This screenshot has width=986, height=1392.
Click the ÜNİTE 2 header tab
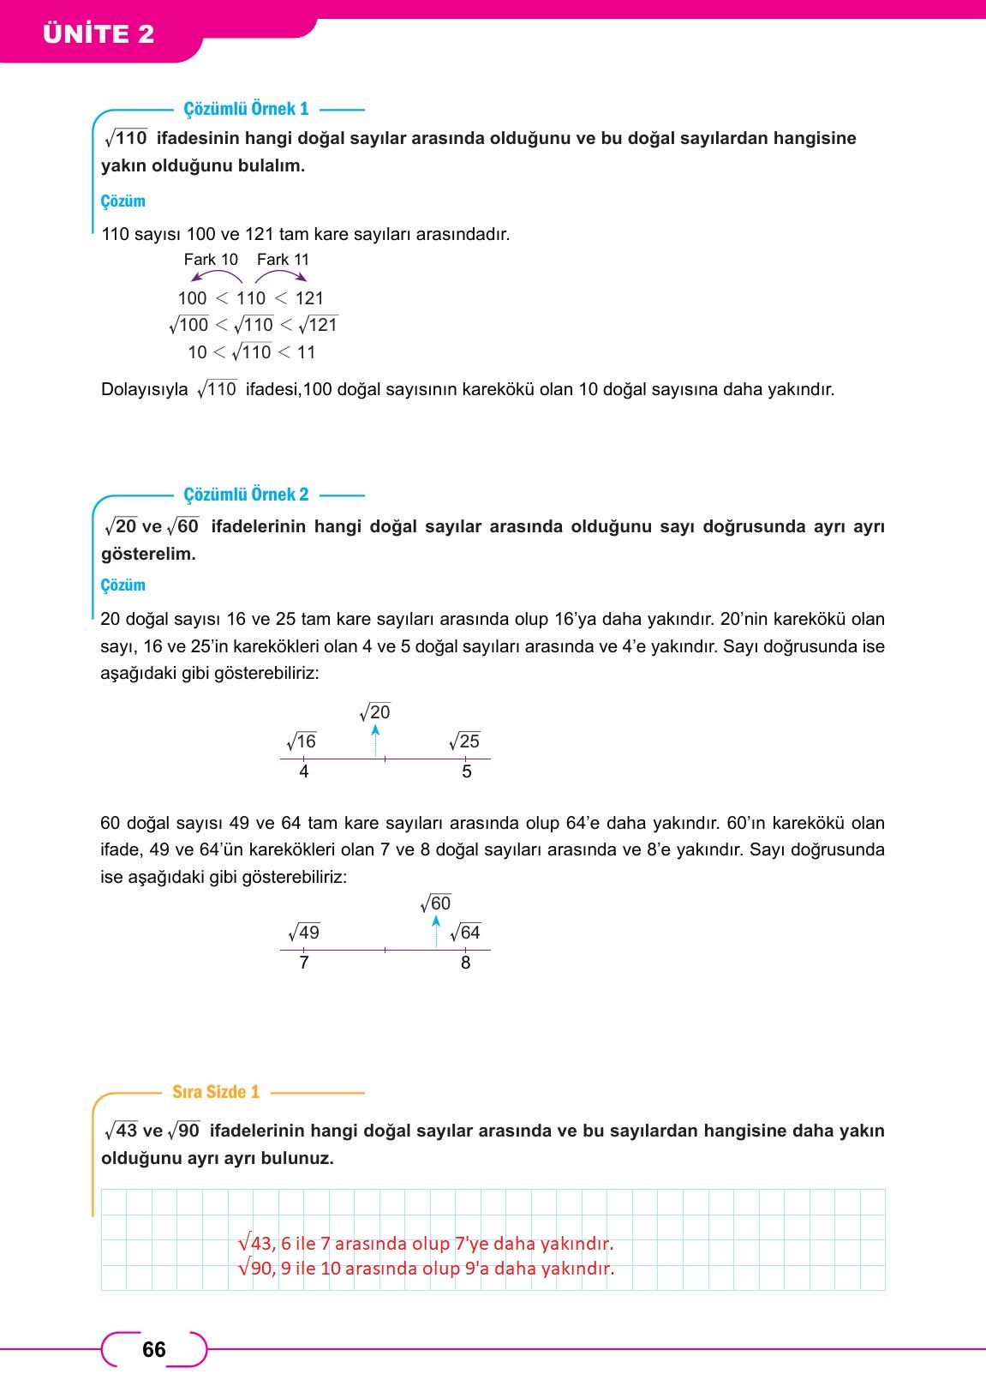pyautogui.click(x=99, y=34)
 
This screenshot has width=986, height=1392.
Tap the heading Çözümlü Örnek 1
pyautogui.click(x=246, y=109)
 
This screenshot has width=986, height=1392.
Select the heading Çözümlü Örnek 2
pyautogui.click(x=246, y=495)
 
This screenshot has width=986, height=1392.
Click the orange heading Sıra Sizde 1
pyautogui.click(x=216, y=1092)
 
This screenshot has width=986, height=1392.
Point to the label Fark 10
pyautogui.click(x=211, y=260)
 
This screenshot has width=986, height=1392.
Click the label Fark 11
pyautogui.click(x=283, y=260)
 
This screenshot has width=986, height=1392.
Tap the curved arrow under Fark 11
pyautogui.click(x=281, y=276)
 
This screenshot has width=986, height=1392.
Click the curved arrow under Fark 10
pyautogui.click(x=216, y=276)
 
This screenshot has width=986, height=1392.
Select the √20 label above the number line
pyautogui.click(x=375, y=712)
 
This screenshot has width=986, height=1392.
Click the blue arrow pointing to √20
pyautogui.click(x=375, y=740)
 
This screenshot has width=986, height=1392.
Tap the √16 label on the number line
pyautogui.click(x=302, y=741)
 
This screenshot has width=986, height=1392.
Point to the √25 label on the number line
pyautogui.click(x=464, y=741)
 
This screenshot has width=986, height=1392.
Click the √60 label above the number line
pyautogui.click(x=436, y=903)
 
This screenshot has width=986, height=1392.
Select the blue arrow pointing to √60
pyautogui.click(x=436, y=931)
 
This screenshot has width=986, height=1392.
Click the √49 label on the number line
pyautogui.click(x=304, y=933)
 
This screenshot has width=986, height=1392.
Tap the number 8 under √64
pyautogui.click(x=465, y=963)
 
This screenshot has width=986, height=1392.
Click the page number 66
pyautogui.click(x=154, y=1350)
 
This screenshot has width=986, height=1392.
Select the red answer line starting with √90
pyautogui.click(x=426, y=1269)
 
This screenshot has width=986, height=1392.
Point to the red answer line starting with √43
pyautogui.click(x=426, y=1243)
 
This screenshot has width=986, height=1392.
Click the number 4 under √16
pyautogui.click(x=304, y=771)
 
